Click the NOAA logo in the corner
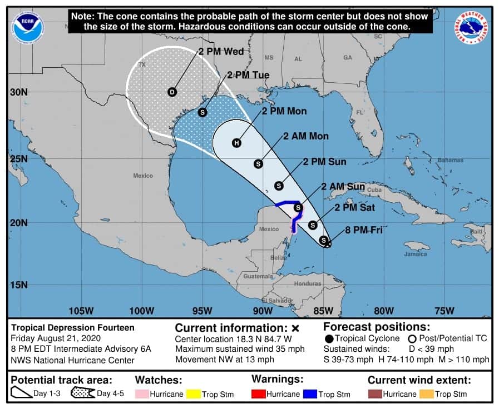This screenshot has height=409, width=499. tap(27, 27)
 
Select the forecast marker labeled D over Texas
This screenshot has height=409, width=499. tap(172, 92)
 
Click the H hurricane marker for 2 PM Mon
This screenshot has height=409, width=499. tap(236, 143)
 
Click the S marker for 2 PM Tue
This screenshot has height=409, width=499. tap(203, 112)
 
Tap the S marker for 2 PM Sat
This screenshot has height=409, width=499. tap(313, 225)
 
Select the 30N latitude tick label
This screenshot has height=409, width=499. tap(18, 92)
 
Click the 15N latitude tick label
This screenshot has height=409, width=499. tap(18, 285)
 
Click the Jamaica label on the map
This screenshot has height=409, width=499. tap(416, 254)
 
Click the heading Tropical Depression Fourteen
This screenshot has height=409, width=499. tap(72, 328)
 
